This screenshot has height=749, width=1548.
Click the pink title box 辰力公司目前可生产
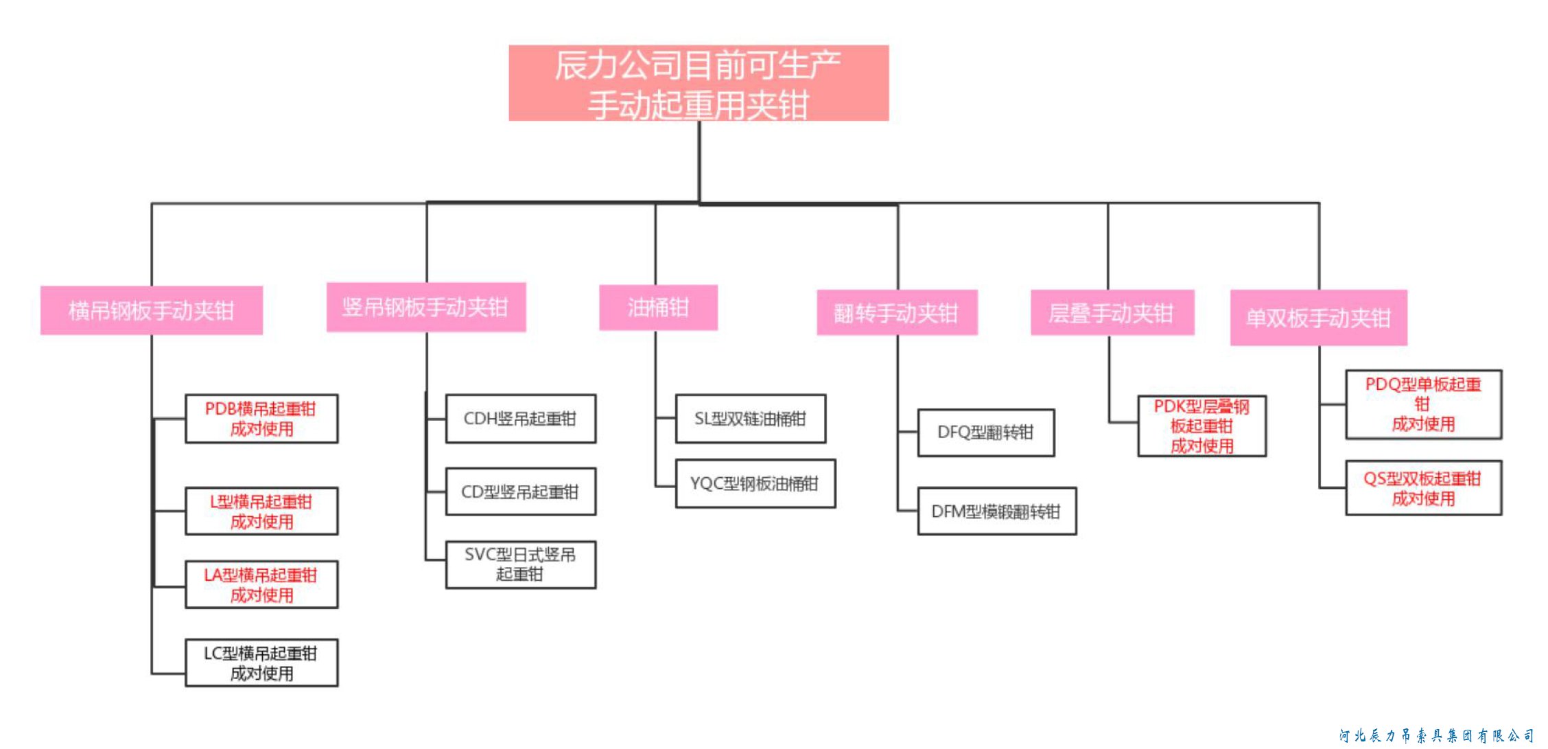[x=699, y=83]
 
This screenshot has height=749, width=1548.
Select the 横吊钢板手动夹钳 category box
[x=152, y=310]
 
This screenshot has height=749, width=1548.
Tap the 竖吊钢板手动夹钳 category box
[x=426, y=307]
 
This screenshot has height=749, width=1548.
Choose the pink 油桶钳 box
[x=658, y=308]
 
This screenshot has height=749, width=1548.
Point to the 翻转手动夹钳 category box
[x=897, y=313]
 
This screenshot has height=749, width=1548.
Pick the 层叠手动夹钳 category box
[x=1112, y=313]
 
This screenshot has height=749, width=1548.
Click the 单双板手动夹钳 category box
[x=1318, y=318]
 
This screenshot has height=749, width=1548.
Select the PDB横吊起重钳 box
[x=261, y=419]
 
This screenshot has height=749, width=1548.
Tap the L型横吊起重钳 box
[x=261, y=511]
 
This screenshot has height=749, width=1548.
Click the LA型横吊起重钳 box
[x=261, y=585]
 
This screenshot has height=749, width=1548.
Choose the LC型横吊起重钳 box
[x=261, y=663]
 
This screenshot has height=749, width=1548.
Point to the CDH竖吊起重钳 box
[x=521, y=419]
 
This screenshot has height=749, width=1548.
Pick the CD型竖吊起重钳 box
[x=521, y=492]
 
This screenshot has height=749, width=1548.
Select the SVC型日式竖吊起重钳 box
[x=521, y=564]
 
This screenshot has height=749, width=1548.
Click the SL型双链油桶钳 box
[x=751, y=419]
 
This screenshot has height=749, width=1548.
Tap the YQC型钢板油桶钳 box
[x=755, y=484]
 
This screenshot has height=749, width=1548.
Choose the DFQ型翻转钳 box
[x=986, y=433]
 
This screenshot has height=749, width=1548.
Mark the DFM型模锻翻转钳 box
[x=997, y=511]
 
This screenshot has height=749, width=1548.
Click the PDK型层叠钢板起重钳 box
[x=1202, y=426]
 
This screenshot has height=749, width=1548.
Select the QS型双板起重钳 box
[x=1424, y=488]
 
